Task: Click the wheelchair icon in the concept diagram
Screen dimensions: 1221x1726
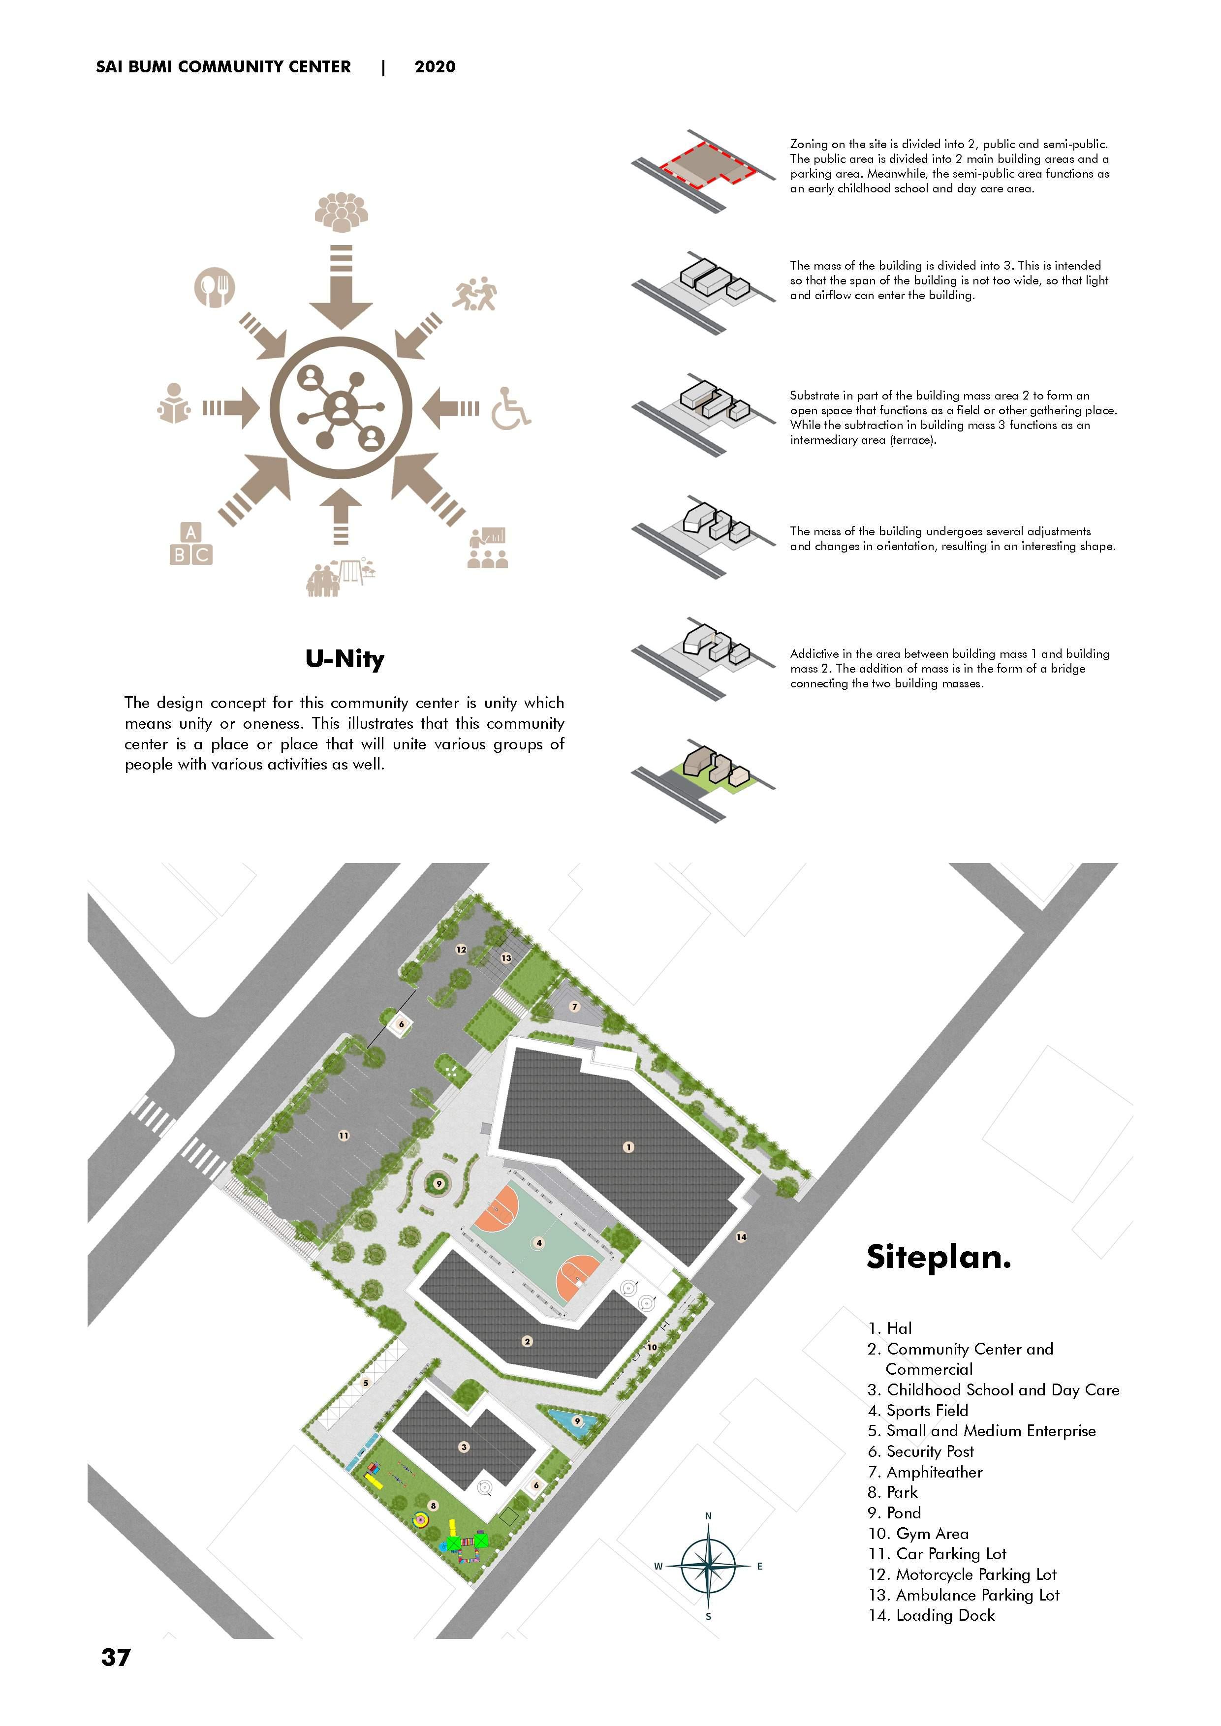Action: click(510, 408)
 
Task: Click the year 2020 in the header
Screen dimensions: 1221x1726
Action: click(435, 67)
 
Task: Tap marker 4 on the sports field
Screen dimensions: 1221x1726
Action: click(538, 1243)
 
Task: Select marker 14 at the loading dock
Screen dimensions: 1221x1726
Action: click(741, 1236)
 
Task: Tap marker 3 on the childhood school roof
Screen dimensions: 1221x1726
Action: click(464, 1447)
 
